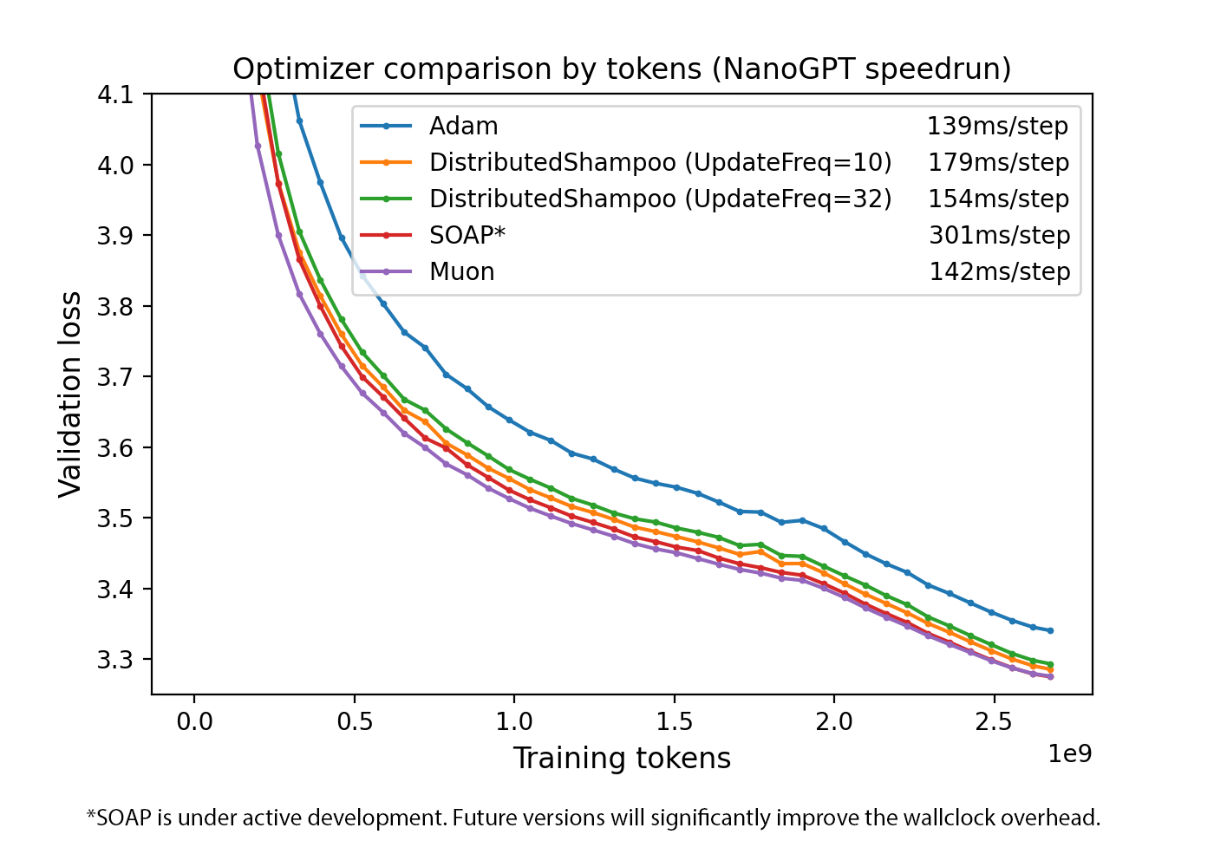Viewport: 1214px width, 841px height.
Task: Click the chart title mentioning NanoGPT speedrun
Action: [x=622, y=68]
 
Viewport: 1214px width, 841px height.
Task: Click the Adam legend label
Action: [x=463, y=127]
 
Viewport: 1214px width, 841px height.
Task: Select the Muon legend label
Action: [x=461, y=272]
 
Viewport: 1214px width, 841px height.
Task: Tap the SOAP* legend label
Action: [x=467, y=236]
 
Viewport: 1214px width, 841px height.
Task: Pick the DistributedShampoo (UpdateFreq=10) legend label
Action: [x=660, y=163]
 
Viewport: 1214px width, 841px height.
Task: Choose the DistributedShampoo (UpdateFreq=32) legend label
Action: [x=660, y=199]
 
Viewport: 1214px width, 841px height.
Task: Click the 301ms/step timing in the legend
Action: [x=999, y=236]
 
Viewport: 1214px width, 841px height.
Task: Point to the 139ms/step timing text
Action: [x=997, y=127]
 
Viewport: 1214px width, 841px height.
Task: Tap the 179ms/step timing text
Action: [x=998, y=163]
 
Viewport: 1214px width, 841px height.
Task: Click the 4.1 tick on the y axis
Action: [x=114, y=95]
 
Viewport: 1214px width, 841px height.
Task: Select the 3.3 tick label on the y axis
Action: [x=114, y=660]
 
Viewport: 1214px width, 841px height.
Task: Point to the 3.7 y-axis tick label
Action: [x=114, y=377]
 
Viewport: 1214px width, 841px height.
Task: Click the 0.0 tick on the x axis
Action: [x=194, y=721]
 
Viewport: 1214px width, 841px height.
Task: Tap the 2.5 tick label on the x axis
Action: [x=994, y=721]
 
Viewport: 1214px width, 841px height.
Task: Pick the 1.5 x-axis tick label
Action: [x=674, y=721]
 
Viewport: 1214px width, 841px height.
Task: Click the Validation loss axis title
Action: [x=69, y=394]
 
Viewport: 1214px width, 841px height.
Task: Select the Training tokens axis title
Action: [x=622, y=759]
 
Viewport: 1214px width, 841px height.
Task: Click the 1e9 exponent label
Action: [x=1069, y=754]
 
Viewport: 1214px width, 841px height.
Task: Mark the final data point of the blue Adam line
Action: [x=1050, y=630]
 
